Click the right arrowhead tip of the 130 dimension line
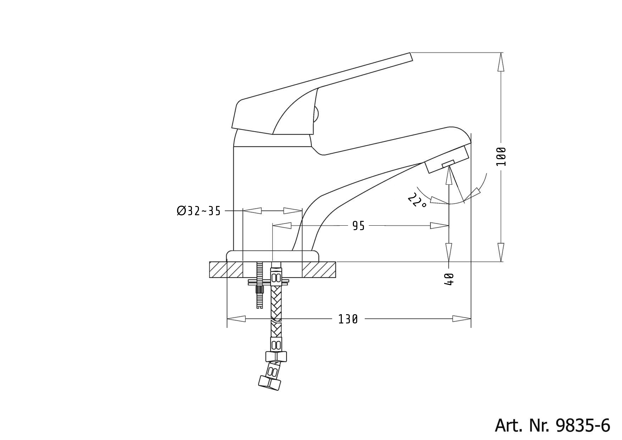tap(471, 319)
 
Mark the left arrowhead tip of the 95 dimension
tap(273, 225)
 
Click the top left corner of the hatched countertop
tap(210, 262)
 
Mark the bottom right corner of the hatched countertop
tap(336, 278)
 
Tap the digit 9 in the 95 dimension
tap(355, 225)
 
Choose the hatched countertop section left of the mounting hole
tap(226, 270)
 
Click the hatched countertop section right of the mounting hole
tap(319, 270)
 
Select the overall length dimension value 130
tap(348, 319)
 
